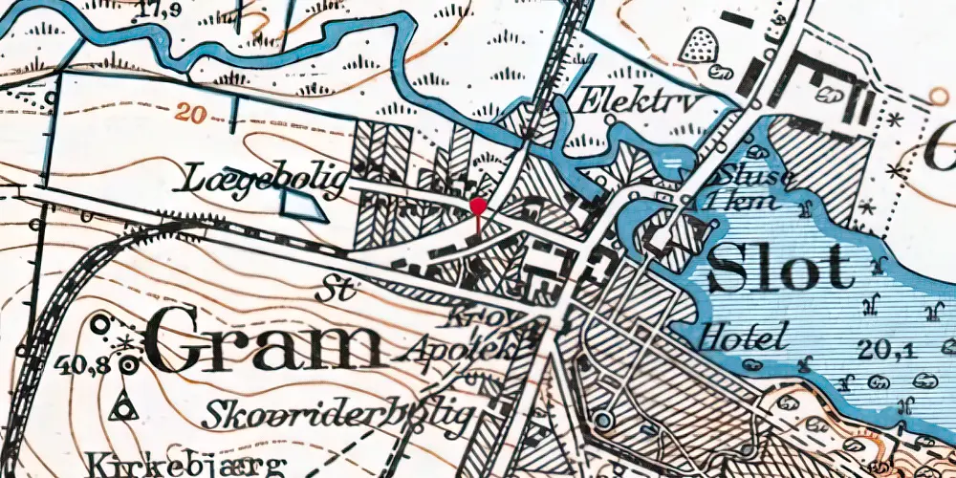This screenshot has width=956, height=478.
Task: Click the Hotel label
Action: pos(743,336)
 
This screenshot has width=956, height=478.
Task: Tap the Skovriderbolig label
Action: pos(338,414)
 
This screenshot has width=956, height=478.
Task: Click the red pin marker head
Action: pos(479,206)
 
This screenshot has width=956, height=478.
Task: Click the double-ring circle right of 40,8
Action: pos(128,363)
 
